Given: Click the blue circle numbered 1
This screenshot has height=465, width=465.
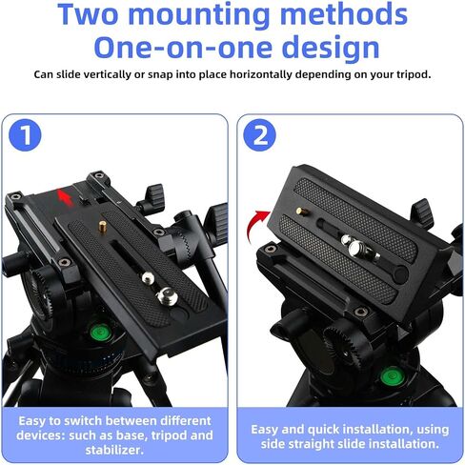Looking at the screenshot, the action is [25, 134].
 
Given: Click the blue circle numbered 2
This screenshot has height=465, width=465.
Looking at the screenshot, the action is [260, 134].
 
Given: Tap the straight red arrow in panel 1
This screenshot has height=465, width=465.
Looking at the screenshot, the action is [65, 197].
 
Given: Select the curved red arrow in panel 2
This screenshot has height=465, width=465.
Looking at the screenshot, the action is [255, 223].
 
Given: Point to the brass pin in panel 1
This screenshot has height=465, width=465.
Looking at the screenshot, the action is [102, 227].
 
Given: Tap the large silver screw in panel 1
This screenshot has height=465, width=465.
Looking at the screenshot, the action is [167, 295].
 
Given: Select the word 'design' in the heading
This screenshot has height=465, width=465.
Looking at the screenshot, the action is [331, 47].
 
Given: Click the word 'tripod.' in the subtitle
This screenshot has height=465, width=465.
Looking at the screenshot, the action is [414, 75].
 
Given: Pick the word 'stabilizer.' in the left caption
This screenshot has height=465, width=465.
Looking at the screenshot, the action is [114, 450].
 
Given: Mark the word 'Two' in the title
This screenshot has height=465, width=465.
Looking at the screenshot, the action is [88, 14].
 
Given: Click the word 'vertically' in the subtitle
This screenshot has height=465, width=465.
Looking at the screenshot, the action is [103, 74].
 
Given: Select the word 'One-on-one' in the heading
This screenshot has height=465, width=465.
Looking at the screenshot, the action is [184, 47].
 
